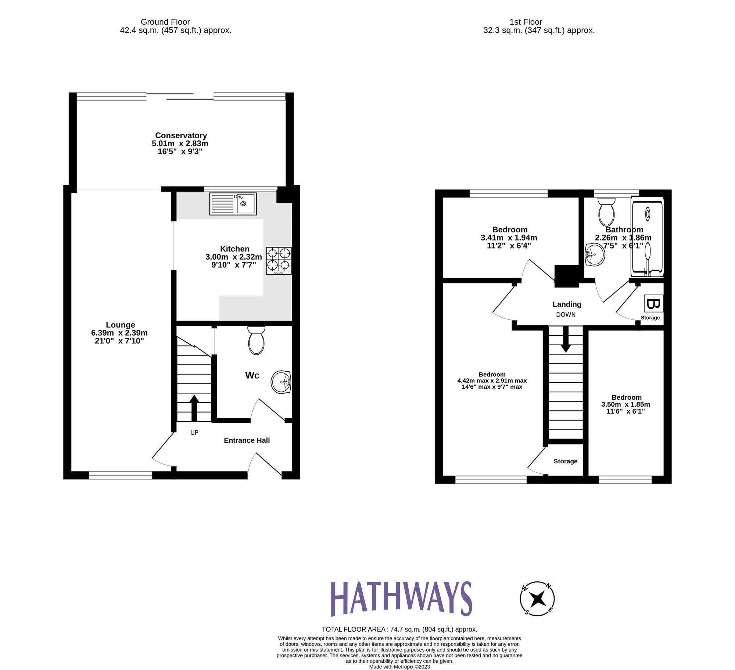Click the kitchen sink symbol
(233, 204)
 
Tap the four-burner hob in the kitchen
(279, 260)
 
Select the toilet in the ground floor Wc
(256, 341)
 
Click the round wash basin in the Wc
(281, 382)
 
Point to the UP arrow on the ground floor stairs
(194, 408)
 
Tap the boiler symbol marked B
(653, 304)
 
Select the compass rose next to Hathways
(537, 599)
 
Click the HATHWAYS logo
(401, 598)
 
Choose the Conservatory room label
(181, 135)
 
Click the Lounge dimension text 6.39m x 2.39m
(119, 333)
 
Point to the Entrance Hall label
(247, 440)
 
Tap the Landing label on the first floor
(567, 304)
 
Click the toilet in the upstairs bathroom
(606, 212)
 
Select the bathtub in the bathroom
(647, 237)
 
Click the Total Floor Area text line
(399, 629)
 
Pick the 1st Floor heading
(526, 22)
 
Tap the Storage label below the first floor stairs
(565, 461)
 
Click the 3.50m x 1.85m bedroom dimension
(625, 404)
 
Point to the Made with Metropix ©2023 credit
(399, 666)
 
